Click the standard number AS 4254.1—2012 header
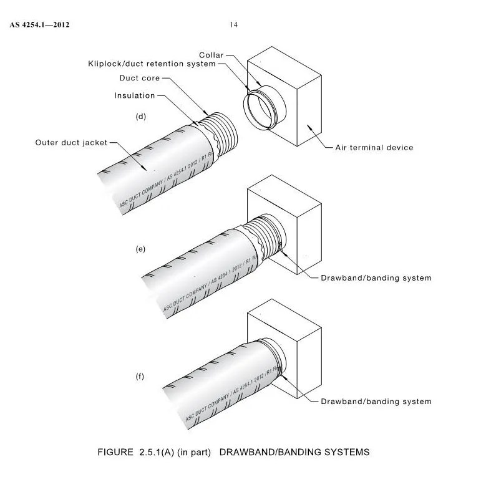pos(38,25)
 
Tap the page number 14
pos(234,25)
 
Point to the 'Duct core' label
pos(140,78)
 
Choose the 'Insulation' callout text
pos(134,95)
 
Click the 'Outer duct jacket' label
pos(71,143)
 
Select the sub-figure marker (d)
pos(140,117)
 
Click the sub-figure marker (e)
pos(140,249)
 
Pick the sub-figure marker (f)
pos(140,377)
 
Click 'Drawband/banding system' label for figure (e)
pos(376,278)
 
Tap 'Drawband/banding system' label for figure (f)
pos(376,402)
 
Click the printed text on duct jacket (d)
pos(168,181)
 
